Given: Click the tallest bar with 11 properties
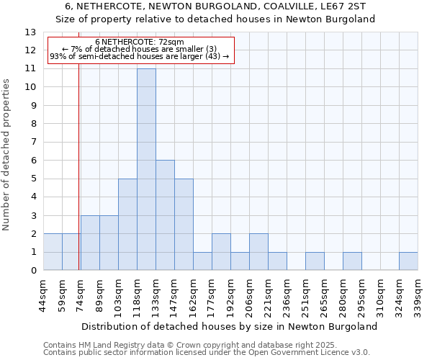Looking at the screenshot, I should (x=146, y=169).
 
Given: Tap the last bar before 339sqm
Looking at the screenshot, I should (x=408, y=261).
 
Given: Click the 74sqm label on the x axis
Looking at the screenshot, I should (x=81, y=293).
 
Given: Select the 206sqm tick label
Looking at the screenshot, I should (x=249, y=294).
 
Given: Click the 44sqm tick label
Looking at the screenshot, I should (x=43, y=293).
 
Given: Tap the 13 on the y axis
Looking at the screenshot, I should (x=30, y=32).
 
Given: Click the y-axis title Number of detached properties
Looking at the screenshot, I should (x=7, y=165).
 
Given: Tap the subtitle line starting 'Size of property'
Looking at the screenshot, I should (x=215, y=19).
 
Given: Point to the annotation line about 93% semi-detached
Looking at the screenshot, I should (x=140, y=56).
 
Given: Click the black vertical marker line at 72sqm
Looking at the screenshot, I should (x=78, y=180).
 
